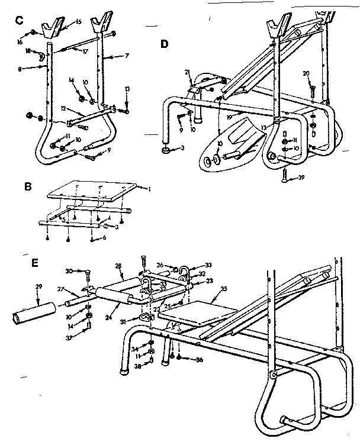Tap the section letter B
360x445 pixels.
click(x=27, y=186)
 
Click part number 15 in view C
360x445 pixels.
click(x=79, y=22)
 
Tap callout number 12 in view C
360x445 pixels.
click(x=65, y=109)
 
